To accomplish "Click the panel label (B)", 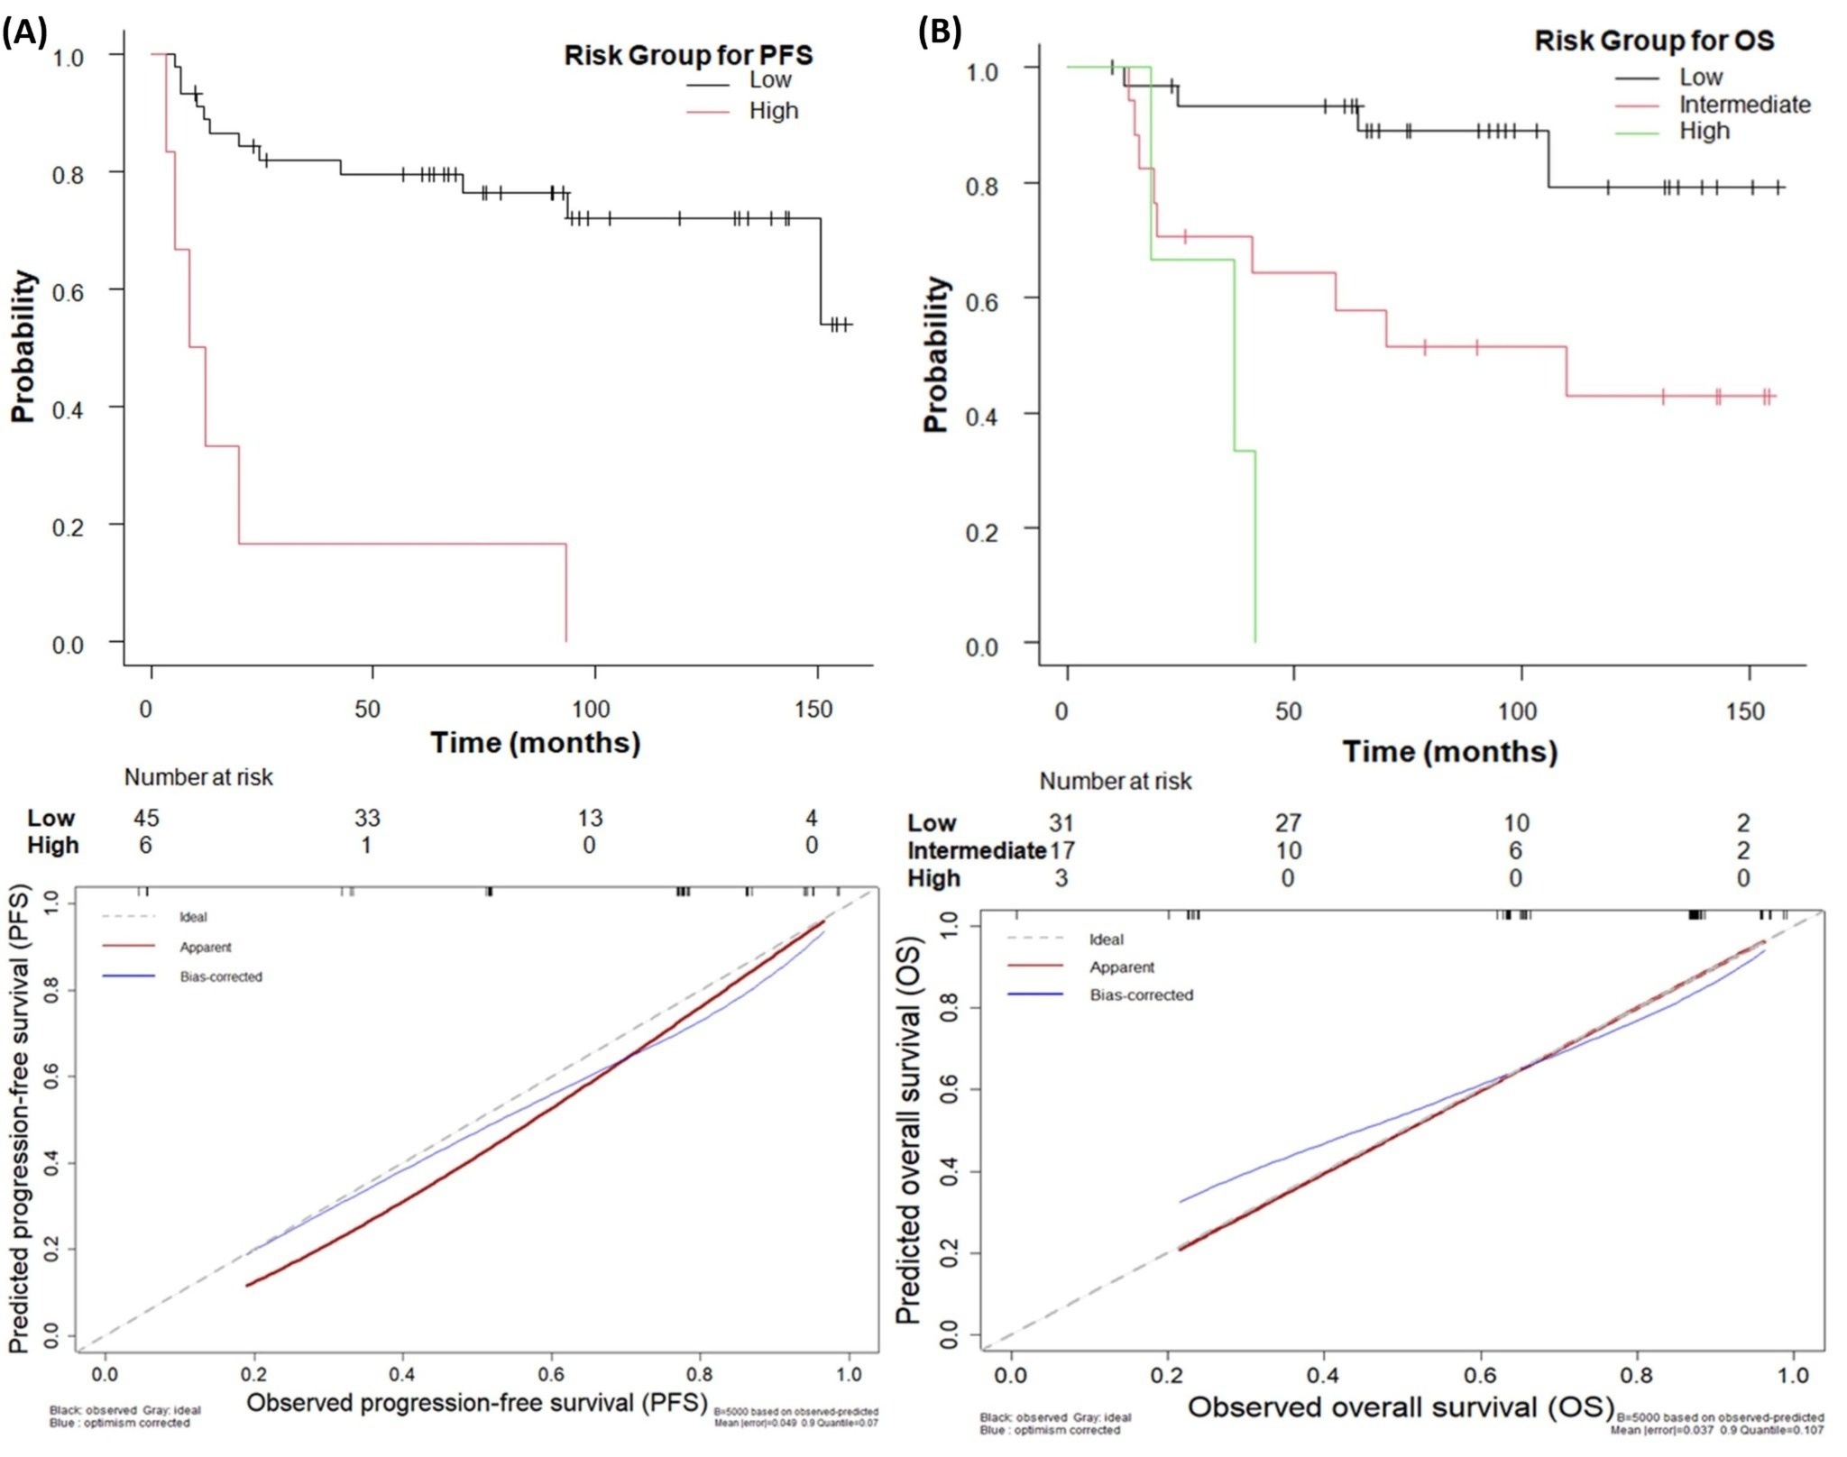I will [939, 32].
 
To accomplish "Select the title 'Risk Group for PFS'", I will [688, 55].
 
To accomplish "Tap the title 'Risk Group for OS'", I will [1654, 41].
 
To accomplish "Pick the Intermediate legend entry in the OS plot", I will [1744, 105].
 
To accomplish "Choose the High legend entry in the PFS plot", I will [773, 111].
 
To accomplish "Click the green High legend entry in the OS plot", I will [1704, 132].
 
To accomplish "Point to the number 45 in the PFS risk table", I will [145, 818].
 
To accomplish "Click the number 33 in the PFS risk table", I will [367, 818].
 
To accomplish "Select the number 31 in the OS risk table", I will [1061, 822].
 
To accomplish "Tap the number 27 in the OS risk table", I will [1288, 822].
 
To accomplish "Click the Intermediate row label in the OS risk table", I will [977, 850].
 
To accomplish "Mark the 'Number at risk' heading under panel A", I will [198, 777].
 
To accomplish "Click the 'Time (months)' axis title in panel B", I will [1449, 751].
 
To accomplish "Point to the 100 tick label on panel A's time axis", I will [591, 709].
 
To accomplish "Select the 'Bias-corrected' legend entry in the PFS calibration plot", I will [221, 976].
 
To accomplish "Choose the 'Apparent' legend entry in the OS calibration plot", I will [1121, 967].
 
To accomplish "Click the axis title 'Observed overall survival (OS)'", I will [1400, 1407].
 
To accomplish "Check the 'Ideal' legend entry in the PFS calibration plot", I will [193, 917].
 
